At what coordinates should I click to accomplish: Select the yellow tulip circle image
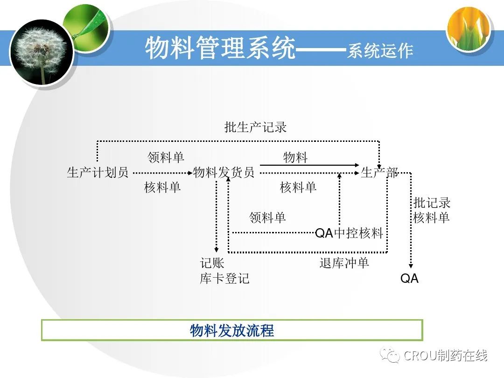469,29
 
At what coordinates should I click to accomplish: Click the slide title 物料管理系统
220,49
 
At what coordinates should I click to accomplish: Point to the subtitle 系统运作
380,51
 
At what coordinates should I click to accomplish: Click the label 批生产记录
255,127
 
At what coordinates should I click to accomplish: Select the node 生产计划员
98,173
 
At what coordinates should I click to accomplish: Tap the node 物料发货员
224,173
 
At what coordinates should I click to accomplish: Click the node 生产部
379,173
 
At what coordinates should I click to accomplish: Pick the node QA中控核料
349,233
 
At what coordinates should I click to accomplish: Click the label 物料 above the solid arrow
295,158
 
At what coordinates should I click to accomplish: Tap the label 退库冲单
344,263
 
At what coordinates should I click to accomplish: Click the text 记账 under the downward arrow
212,263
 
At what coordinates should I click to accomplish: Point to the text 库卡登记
225,279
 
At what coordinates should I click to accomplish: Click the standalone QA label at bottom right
409,279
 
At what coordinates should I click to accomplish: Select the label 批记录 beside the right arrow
432,203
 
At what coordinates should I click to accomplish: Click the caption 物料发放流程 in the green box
232,331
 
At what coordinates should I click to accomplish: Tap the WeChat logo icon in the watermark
389,356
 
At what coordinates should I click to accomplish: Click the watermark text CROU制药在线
446,356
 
